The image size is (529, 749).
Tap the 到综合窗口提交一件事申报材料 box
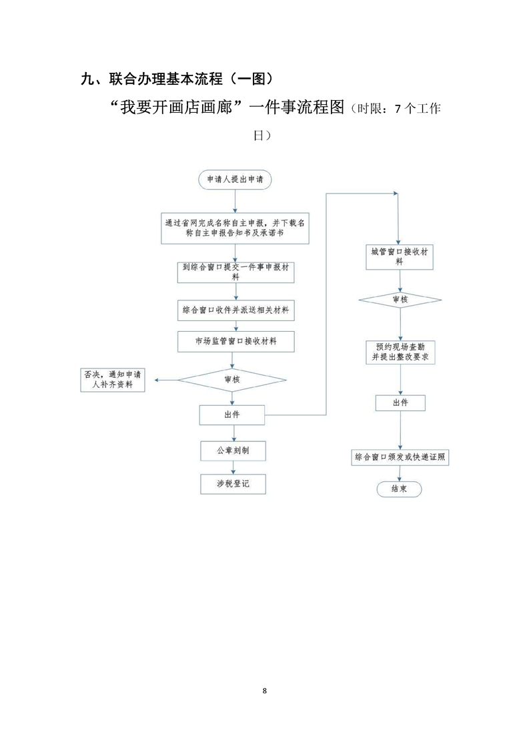point(235,272)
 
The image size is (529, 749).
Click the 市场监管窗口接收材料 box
point(235,340)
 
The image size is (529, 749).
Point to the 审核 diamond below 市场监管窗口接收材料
point(232,379)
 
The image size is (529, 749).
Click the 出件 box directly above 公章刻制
point(232,415)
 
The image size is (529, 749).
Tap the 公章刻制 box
point(232,451)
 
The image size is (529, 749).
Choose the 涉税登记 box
point(232,483)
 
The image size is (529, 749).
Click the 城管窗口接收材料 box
point(399,257)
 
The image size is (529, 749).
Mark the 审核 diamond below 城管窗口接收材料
point(400,300)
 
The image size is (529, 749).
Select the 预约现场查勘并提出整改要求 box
point(400,352)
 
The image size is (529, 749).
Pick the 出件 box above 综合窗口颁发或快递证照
point(400,403)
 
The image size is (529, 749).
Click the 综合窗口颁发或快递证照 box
point(400,457)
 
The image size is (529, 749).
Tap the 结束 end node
point(399,489)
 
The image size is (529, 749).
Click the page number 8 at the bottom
point(265,690)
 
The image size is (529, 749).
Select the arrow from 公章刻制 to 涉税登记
point(232,467)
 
